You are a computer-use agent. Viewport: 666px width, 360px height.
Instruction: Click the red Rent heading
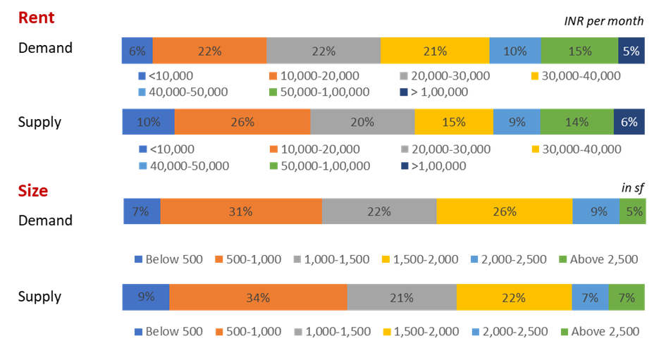36,18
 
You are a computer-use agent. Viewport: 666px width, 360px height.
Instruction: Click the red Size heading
33,190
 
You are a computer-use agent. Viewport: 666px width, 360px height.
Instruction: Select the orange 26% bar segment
242,122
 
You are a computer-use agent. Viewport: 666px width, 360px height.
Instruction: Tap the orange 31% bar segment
241,211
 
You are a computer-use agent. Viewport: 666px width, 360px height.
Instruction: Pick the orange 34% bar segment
257,297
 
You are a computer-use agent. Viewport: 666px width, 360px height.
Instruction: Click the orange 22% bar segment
209,51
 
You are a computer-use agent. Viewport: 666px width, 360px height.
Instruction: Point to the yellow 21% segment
435,51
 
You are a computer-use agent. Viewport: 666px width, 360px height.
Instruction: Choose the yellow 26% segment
505,211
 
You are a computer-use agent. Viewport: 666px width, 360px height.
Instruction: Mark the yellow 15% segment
453,122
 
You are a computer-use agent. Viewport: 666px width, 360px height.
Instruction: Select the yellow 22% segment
514,297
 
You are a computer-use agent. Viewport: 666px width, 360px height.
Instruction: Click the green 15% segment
579,51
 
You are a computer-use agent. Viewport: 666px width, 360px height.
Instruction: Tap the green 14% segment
576,122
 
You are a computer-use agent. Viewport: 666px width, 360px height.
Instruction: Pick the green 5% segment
633,211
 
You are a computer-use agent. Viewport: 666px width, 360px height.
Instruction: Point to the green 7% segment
626,297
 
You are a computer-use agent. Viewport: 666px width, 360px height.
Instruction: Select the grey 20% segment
362,122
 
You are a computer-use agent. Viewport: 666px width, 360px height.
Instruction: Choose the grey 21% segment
401,297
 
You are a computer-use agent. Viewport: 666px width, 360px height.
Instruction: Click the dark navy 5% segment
631,51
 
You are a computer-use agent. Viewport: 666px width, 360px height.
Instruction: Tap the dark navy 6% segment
629,122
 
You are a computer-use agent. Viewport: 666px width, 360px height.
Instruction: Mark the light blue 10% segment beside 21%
514,51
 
